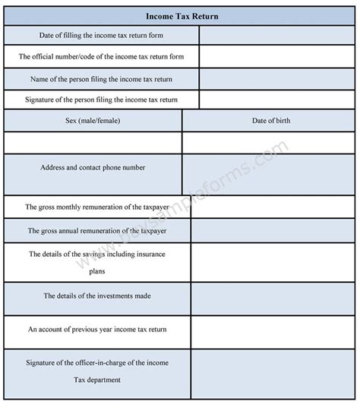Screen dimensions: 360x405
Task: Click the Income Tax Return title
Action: (179, 15)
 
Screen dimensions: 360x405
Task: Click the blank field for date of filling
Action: (276, 36)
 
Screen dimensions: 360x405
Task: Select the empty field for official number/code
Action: (276, 57)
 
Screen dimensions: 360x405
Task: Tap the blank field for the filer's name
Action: (276, 79)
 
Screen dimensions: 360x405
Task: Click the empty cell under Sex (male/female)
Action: (93, 143)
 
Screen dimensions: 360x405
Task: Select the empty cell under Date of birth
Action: (269, 143)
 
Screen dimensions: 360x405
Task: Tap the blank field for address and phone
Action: (269, 174)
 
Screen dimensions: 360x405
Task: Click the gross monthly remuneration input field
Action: (273, 207)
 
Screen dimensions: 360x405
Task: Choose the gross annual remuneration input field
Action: (273, 230)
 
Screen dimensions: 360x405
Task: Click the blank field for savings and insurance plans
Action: (273, 262)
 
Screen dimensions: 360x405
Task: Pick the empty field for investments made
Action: (273, 296)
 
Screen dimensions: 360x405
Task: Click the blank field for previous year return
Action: (273, 331)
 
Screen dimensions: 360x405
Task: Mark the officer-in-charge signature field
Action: (273, 372)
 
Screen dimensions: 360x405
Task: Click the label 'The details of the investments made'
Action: (96, 296)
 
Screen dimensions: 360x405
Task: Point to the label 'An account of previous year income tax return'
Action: (97, 330)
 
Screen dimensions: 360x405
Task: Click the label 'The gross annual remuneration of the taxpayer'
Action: (96, 230)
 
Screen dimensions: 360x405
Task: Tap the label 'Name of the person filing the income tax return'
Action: (102, 79)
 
